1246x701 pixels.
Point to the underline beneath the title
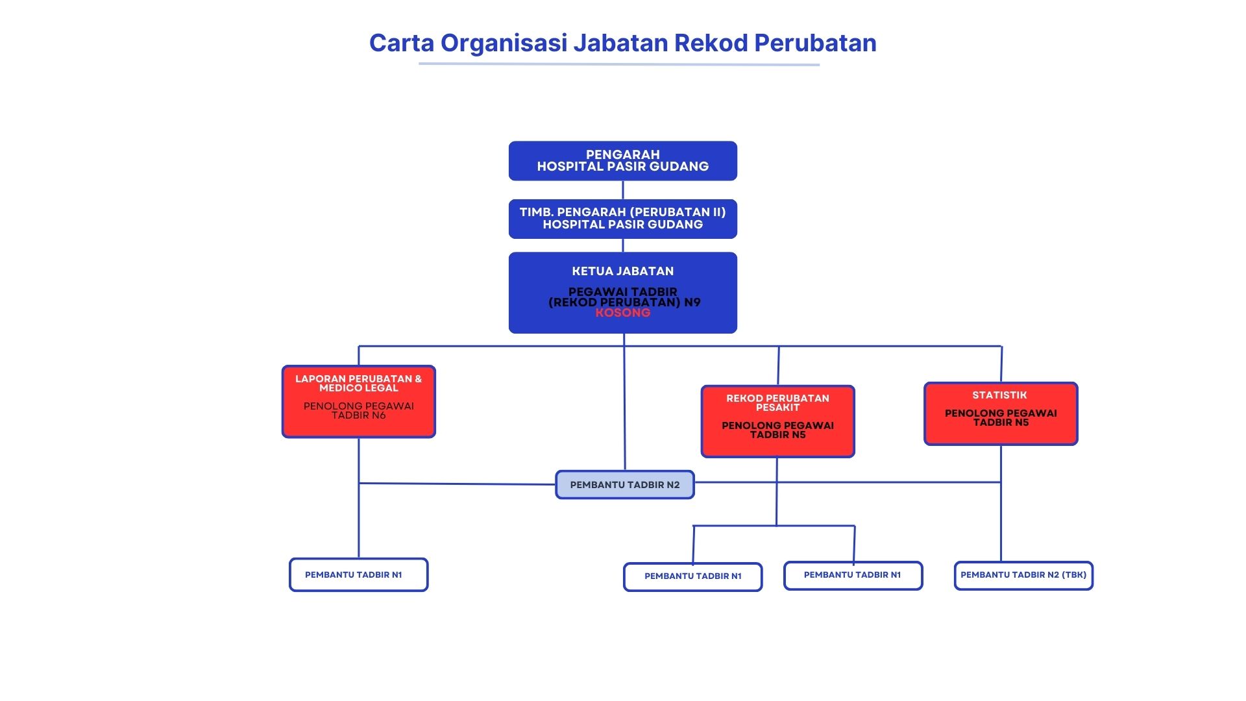pyautogui.click(x=618, y=64)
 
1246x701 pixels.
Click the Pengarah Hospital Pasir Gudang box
pyautogui.click(x=622, y=161)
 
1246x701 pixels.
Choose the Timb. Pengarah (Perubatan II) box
pyautogui.click(x=622, y=219)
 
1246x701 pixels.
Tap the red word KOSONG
pyautogui.click(x=622, y=313)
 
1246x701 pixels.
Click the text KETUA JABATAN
pyautogui.click(x=622, y=271)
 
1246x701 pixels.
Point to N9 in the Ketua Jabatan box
pyautogui.click(x=692, y=302)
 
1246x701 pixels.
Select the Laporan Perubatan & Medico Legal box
pyautogui.click(x=358, y=401)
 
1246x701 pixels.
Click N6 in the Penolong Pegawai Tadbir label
pyautogui.click(x=378, y=415)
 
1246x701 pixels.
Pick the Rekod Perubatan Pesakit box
pyautogui.click(x=777, y=421)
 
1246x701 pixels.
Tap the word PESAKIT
pyautogui.click(x=777, y=408)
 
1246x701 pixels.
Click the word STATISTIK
pyautogui.click(x=999, y=395)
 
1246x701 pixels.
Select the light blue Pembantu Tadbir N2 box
pyautogui.click(x=624, y=485)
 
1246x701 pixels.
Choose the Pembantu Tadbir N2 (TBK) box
pyautogui.click(x=1023, y=575)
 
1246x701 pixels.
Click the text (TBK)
pyautogui.click(x=1074, y=575)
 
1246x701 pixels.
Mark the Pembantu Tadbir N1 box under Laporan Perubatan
pyautogui.click(x=358, y=574)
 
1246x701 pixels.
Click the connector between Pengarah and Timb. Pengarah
pyautogui.click(x=623, y=190)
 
